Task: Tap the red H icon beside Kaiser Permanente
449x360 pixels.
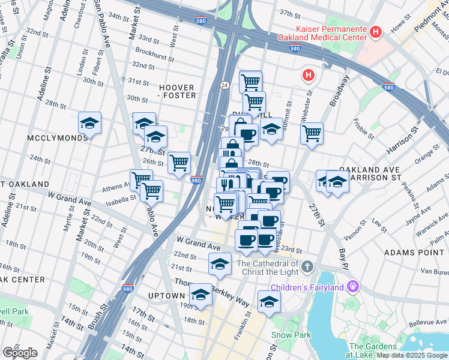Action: pyautogui.click(x=376, y=32)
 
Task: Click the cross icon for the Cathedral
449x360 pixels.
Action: pyautogui.click(x=307, y=266)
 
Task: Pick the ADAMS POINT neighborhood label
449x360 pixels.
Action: pyautogui.click(x=414, y=253)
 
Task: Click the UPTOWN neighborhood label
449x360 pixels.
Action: pyautogui.click(x=166, y=296)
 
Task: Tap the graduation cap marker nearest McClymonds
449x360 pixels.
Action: pyautogui.click(x=89, y=124)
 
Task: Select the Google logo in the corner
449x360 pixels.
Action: pyautogui.click(x=19, y=353)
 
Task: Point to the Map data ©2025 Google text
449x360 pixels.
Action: pyautogui.click(x=412, y=355)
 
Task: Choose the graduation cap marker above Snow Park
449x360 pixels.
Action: pyautogui.click(x=269, y=302)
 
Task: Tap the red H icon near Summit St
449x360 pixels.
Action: pyautogui.click(x=308, y=75)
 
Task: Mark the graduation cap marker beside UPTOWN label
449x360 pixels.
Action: pyautogui.click(x=200, y=295)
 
